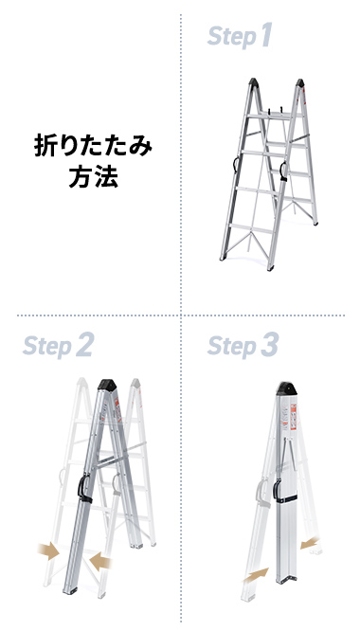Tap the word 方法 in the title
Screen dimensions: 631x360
coord(93,177)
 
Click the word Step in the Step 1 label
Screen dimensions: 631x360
coord(232,38)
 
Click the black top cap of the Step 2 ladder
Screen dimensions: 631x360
coord(107,384)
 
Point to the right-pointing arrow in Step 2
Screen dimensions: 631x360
coord(44,550)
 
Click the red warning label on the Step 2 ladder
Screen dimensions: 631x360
coord(119,417)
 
